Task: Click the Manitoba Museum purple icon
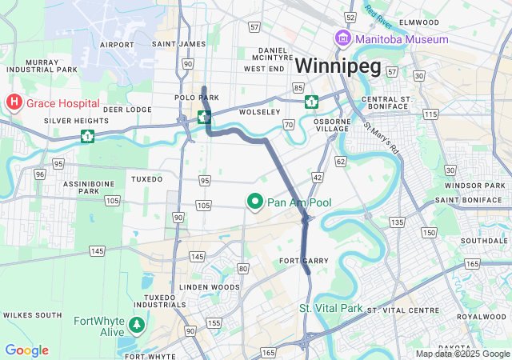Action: [342, 39]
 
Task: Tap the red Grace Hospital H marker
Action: [14, 103]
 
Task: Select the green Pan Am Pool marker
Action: [255, 202]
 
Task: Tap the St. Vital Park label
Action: [330, 308]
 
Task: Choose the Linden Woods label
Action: [210, 286]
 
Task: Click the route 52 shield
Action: [350, 16]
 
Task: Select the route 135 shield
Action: [396, 221]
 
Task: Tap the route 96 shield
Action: [39, 173]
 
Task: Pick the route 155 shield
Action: [214, 323]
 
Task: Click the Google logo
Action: [26, 350]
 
